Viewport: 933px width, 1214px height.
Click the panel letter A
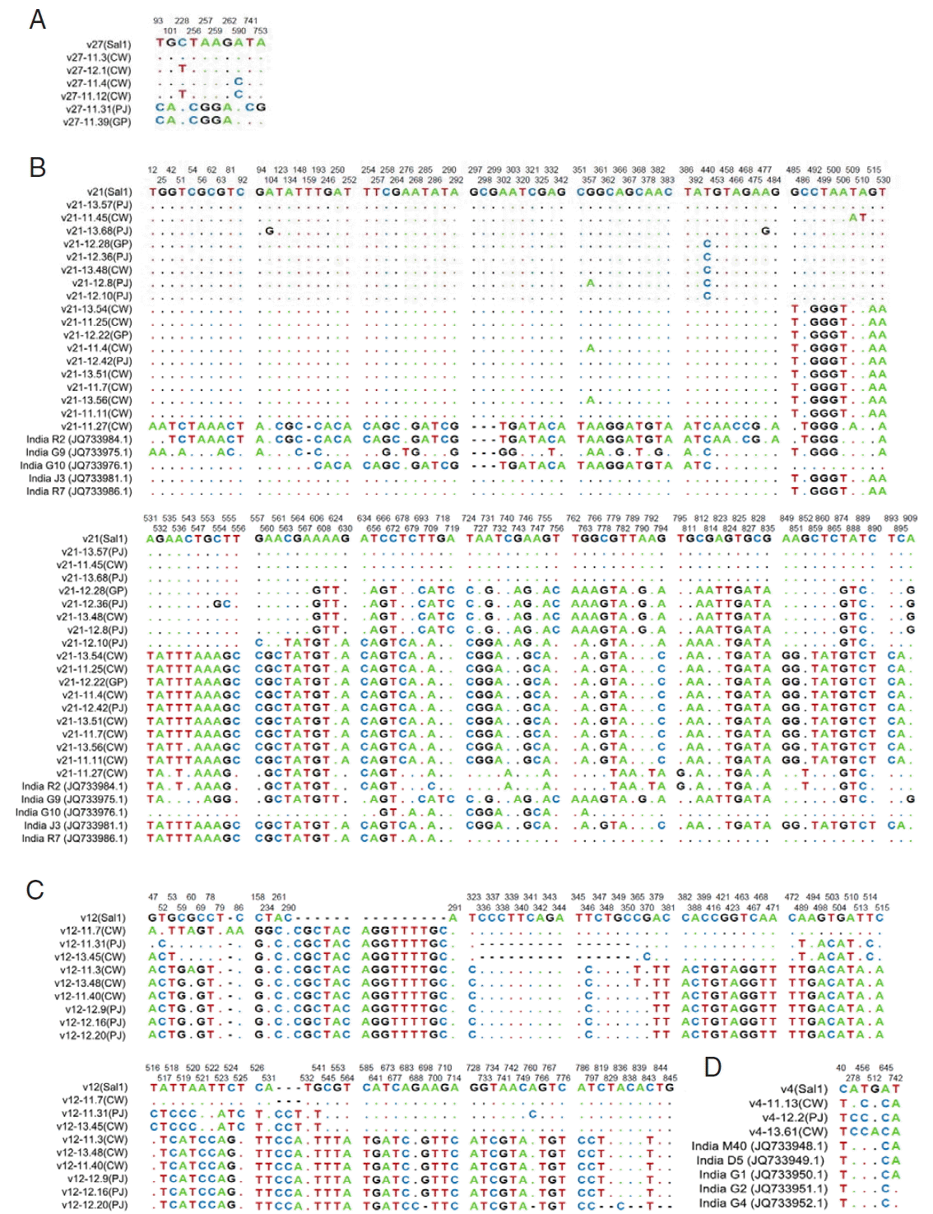37,20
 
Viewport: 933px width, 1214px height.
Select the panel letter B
37,167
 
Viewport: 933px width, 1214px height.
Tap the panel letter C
35,890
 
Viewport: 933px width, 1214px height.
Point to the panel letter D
713,1067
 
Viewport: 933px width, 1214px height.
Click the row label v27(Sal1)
109,44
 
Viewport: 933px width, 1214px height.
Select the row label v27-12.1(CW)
99,71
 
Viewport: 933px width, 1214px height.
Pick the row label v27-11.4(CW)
99,83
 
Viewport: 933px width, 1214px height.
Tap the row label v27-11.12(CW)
96,96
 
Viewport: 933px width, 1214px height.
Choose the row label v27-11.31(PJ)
96,109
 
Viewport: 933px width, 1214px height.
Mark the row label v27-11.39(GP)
96,122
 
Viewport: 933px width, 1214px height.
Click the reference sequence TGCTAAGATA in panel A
211,43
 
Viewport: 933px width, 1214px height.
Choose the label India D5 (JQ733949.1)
762,1161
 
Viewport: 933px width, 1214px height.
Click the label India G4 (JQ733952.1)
763,1203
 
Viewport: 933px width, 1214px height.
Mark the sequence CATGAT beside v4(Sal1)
870,1089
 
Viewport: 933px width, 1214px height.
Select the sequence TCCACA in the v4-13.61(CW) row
870,1132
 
